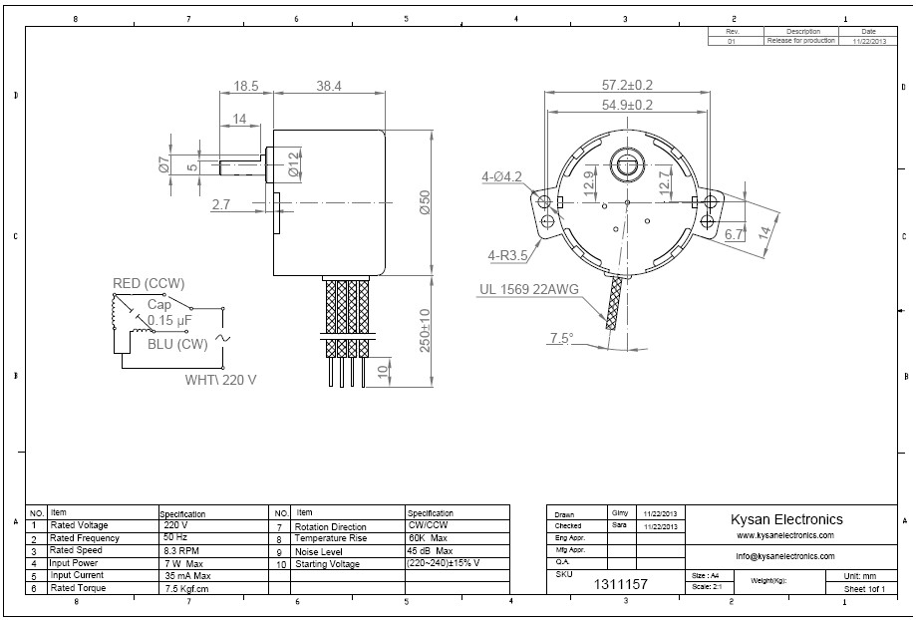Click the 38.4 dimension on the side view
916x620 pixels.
[x=328, y=87]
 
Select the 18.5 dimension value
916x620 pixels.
[x=245, y=87]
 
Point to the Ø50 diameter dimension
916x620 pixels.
[x=424, y=202]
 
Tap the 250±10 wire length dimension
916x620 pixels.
[x=425, y=329]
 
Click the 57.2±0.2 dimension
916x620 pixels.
[x=627, y=86]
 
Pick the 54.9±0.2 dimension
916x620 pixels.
[x=627, y=105]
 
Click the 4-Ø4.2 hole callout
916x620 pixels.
[x=501, y=177]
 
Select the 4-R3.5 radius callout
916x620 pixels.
[x=506, y=254]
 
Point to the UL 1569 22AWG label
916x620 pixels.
[x=528, y=290]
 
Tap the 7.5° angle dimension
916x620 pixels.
[x=561, y=339]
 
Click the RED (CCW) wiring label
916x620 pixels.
[x=149, y=284]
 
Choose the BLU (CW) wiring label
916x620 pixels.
[x=177, y=345]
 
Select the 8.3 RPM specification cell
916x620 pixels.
[x=182, y=550]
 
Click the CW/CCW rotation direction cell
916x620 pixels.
[x=426, y=525]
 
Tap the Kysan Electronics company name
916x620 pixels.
[x=786, y=519]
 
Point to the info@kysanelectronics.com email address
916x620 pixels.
[x=785, y=556]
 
